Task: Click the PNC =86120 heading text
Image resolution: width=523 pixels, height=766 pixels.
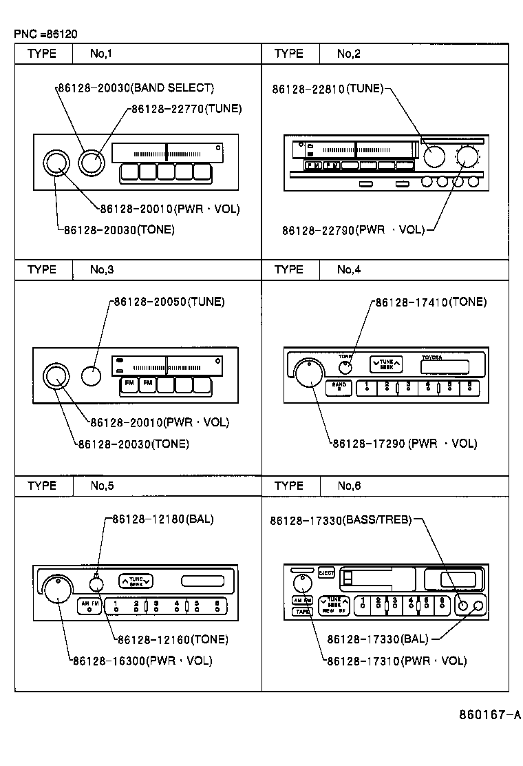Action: [x=45, y=33]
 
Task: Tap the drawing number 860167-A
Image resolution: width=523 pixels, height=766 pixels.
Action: [x=489, y=714]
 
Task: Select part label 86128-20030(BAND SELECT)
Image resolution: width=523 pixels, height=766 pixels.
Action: [x=136, y=88]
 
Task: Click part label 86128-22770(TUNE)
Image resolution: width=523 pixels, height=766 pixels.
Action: [x=186, y=109]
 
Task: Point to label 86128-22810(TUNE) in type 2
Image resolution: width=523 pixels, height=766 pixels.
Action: [x=327, y=89]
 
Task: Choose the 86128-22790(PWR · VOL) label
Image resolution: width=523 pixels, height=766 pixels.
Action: [x=353, y=230]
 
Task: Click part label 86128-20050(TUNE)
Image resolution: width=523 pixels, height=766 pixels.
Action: [x=169, y=302]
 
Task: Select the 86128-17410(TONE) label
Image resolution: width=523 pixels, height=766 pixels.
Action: [x=430, y=302]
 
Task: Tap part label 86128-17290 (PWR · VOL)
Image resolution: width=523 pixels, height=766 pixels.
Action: [x=404, y=444]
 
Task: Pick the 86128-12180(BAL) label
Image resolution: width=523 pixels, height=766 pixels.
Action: [x=162, y=519]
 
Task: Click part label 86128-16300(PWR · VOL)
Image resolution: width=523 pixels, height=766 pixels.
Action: [x=142, y=661]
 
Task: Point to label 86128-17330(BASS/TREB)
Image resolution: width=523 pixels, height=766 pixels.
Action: [x=341, y=521]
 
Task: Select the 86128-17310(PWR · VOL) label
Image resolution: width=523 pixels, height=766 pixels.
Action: [x=396, y=661]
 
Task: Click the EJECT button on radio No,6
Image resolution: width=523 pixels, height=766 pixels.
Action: [x=326, y=572]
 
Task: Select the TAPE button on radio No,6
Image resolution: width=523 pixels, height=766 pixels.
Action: [x=301, y=611]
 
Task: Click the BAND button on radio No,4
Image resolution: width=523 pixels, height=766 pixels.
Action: [x=339, y=387]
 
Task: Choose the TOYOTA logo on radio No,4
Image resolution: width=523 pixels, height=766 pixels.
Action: [x=432, y=358]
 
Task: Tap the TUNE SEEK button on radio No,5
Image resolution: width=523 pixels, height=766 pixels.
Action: [x=136, y=581]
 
